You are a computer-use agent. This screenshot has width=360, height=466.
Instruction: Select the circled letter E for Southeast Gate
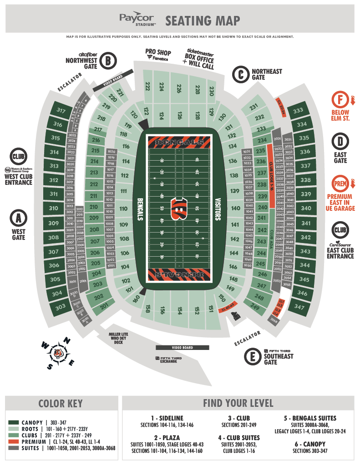click(253, 356)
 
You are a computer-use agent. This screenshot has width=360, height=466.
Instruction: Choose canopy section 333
click(298, 111)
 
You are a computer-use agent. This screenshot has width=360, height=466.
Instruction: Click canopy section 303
click(61, 308)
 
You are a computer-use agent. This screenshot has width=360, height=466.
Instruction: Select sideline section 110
click(123, 209)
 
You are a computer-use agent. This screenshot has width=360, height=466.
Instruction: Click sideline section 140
click(235, 208)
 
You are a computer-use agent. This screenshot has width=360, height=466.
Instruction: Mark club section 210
click(94, 207)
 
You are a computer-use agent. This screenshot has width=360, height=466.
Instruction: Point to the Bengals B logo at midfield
click(179, 208)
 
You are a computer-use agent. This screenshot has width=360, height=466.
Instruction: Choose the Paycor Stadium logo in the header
click(137, 20)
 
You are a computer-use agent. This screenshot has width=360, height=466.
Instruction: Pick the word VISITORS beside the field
click(218, 209)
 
